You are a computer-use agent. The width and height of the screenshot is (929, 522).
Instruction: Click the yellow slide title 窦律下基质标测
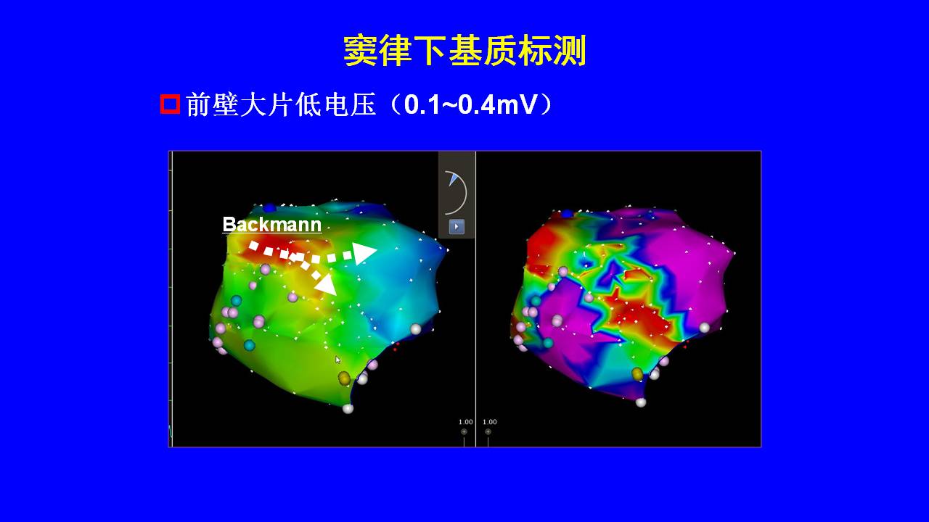pyautogui.click(x=464, y=51)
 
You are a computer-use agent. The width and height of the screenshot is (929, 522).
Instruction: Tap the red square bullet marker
pyautogui.click(x=170, y=104)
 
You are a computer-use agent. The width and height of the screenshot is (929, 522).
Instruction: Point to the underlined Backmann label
pyautogui.click(x=272, y=225)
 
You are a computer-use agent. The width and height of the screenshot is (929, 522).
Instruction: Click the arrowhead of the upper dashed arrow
pyautogui.click(x=364, y=253)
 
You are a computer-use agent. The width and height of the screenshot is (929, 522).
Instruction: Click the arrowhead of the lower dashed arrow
pyautogui.click(x=326, y=284)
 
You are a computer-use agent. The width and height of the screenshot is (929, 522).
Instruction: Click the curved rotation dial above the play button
pyautogui.click(x=460, y=192)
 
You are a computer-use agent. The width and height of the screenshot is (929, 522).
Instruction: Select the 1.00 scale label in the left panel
pyautogui.click(x=465, y=422)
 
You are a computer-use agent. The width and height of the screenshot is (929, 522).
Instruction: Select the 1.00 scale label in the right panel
pyautogui.click(x=489, y=422)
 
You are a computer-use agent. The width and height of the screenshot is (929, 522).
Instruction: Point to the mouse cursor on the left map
pyautogui.click(x=338, y=360)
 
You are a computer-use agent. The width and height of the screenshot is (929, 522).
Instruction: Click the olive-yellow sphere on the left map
pyautogui.click(x=344, y=378)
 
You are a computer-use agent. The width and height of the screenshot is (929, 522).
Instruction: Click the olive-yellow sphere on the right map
pyautogui.click(x=637, y=374)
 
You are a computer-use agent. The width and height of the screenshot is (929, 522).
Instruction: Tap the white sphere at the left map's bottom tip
pyautogui.click(x=348, y=408)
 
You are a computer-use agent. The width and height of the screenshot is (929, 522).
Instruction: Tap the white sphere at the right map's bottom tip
pyautogui.click(x=641, y=402)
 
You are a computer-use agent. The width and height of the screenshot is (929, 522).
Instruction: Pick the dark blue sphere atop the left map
pyautogui.click(x=269, y=207)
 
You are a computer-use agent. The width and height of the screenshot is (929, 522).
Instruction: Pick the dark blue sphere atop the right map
pyautogui.click(x=567, y=214)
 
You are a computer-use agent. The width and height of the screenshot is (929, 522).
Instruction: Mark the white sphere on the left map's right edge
pyautogui.click(x=416, y=329)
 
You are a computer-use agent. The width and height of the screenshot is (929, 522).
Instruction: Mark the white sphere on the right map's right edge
pyautogui.click(x=704, y=328)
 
